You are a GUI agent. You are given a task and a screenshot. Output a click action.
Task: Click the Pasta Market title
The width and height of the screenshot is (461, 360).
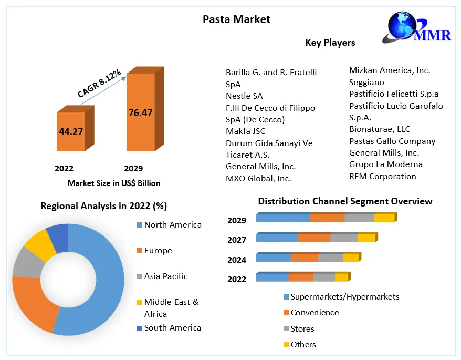click(236, 19)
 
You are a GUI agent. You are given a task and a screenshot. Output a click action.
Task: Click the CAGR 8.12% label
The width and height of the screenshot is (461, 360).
click(99, 83)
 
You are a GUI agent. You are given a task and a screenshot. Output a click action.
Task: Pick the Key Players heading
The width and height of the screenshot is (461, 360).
click(330, 43)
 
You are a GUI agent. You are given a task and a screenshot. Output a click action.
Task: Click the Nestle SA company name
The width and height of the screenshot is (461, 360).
click(244, 96)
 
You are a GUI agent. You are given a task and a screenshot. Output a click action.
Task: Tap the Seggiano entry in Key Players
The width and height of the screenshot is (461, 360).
click(366, 82)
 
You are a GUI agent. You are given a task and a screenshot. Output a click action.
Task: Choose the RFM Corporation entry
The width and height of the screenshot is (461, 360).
click(382, 176)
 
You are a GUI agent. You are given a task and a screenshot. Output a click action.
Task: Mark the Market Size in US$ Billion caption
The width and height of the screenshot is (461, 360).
click(114, 183)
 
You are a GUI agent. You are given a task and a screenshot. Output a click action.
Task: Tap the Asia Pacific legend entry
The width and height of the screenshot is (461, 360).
click(165, 276)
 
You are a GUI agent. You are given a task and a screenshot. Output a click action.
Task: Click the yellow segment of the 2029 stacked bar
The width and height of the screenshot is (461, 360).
click(384, 218)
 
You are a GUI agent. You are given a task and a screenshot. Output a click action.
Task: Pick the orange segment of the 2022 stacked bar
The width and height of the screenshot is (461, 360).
click(300, 277)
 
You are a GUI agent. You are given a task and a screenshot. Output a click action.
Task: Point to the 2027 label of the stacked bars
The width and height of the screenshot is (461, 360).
click(237, 240)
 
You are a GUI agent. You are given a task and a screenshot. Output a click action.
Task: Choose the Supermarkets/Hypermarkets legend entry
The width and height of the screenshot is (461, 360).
click(344, 297)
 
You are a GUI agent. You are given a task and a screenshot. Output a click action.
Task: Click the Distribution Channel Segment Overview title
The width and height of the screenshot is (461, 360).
click(345, 201)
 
